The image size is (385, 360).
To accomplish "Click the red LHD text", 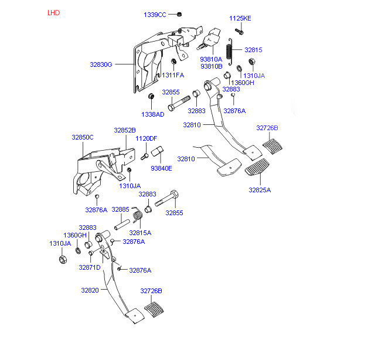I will coord(53,12).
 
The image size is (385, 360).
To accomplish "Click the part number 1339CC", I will coord(155,14).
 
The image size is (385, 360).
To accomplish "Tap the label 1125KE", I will coord(240,18).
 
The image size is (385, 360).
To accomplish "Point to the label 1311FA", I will coord(173,75).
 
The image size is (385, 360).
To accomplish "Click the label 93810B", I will coord(211,66).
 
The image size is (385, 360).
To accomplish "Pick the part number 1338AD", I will coord(152,114).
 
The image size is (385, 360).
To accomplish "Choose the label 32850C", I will coord(83,137).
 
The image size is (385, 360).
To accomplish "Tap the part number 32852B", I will coord(125,130).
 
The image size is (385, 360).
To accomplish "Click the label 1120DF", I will coord(146,138).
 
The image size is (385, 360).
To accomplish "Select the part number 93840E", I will coord(161,168).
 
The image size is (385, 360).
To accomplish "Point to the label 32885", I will coord(120,209).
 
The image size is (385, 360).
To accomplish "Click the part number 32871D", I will coord(90,267).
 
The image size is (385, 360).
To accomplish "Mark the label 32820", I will coord(90,290).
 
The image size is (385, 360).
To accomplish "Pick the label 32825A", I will coord(260,190).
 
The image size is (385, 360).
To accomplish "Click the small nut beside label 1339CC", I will coord(179,14).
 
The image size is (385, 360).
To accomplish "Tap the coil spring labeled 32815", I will coord(230,50).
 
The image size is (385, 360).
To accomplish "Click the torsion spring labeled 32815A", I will coord(138,218).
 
